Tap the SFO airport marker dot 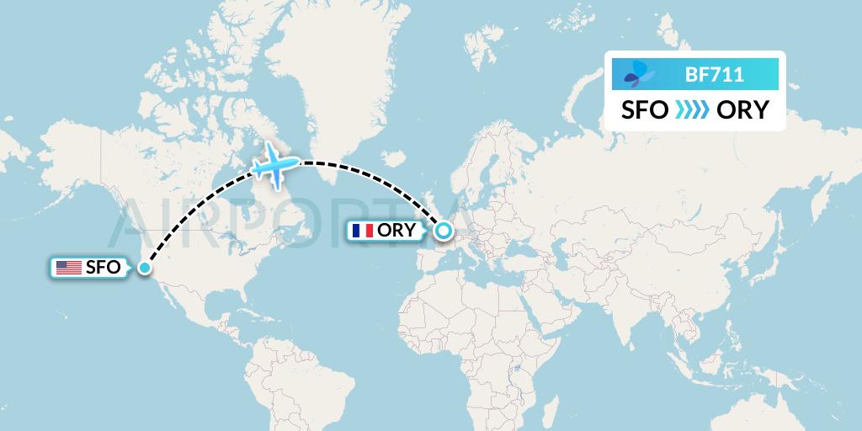tap(145, 268)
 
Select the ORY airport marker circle tap(442, 230)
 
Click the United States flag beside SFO tap(69, 268)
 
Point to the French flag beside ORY tap(364, 230)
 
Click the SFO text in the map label tap(102, 268)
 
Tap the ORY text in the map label tap(396, 230)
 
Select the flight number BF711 tap(714, 75)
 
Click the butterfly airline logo tap(639, 75)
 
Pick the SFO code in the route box tap(646, 110)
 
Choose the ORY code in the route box tap(742, 110)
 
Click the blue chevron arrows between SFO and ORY tap(693, 110)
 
